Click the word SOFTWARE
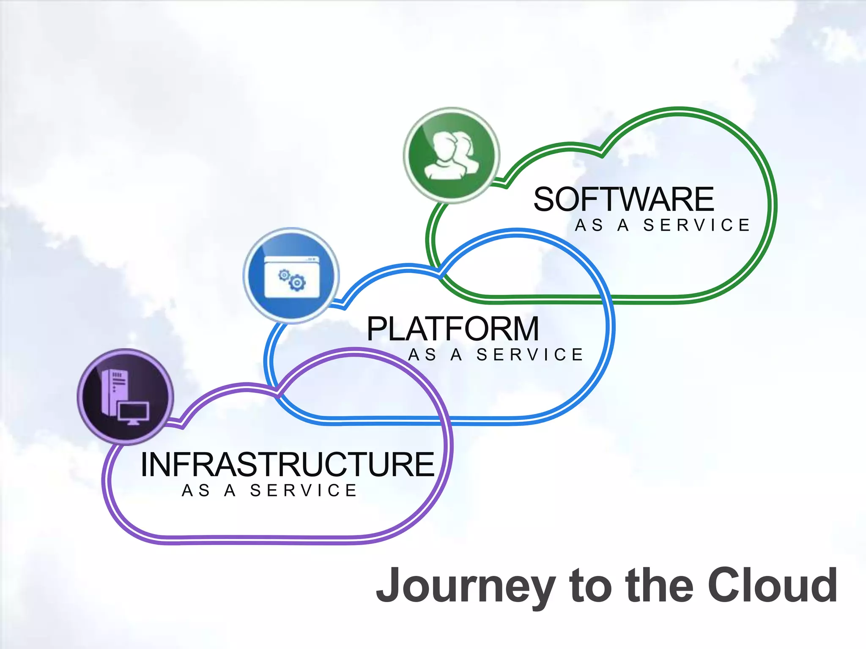point(624,199)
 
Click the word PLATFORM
point(453,329)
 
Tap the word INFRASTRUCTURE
point(288,465)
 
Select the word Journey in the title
point(465,586)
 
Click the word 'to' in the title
point(590,586)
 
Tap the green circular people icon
point(452,155)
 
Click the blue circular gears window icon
point(291,275)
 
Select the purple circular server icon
point(126,397)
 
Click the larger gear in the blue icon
point(298,282)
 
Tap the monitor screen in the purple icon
point(133,412)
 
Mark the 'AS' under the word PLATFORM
point(422,355)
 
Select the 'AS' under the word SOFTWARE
point(589,225)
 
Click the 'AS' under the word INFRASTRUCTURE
point(196,491)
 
